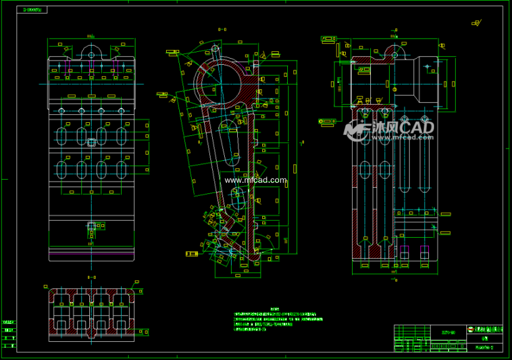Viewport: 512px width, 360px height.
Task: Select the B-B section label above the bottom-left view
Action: tap(91, 276)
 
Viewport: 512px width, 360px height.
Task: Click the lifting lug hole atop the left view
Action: tap(92, 54)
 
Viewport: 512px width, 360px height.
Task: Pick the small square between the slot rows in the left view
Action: tap(92, 141)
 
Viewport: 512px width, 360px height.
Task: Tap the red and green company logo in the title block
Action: tap(471, 329)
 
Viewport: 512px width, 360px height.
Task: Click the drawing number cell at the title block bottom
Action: tap(484, 347)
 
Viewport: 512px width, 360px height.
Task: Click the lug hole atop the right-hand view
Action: tap(394, 54)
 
